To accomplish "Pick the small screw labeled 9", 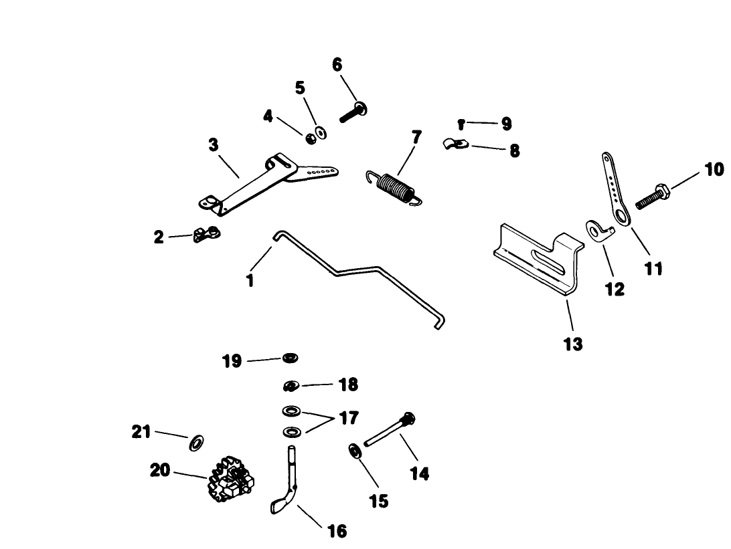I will point(462,124).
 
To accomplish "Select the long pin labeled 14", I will point(387,431).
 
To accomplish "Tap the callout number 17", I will point(348,419).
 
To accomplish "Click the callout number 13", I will point(573,344).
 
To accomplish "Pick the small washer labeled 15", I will point(355,449).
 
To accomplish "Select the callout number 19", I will point(232,362).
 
